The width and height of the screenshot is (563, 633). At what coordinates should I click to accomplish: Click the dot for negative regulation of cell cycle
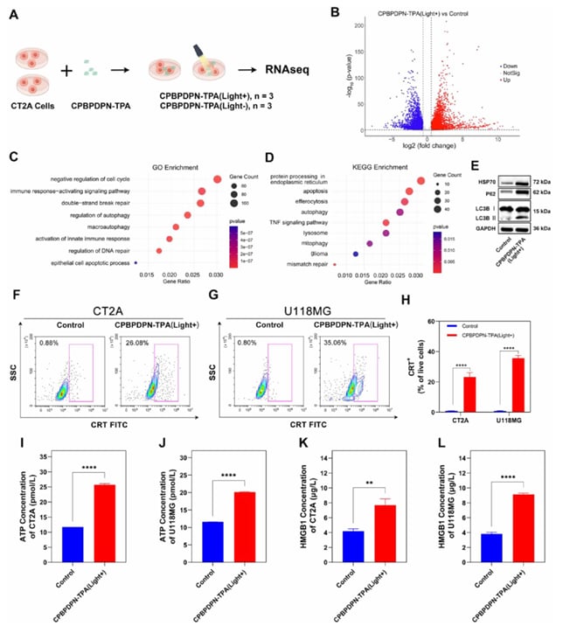point(217,180)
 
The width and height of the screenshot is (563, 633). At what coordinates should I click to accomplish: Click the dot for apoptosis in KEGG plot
point(409,191)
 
